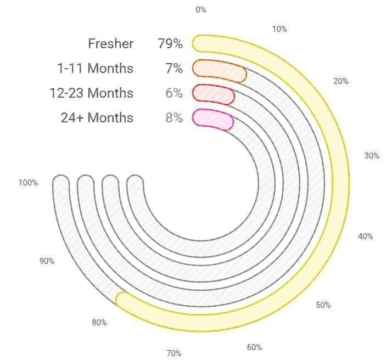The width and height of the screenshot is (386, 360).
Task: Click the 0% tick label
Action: click(x=201, y=9)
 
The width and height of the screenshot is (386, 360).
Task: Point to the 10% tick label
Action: click(x=279, y=29)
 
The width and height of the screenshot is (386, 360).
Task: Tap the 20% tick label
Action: click(x=341, y=81)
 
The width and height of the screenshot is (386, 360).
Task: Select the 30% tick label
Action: click(x=372, y=156)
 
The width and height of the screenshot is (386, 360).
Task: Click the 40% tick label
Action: click(x=365, y=237)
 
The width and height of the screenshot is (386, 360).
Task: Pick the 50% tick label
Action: click(x=323, y=305)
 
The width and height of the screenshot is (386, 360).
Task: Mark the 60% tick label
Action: click(x=254, y=347)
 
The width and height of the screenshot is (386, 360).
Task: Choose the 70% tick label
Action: click(x=174, y=353)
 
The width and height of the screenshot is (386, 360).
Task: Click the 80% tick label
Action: click(x=99, y=323)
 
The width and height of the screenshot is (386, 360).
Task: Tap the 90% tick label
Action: click(x=47, y=261)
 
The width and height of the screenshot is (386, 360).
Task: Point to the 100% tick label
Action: click(x=27, y=183)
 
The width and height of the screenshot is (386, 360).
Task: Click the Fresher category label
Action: click(x=110, y=44)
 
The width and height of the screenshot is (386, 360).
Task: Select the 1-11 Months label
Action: click(x=95, y=69)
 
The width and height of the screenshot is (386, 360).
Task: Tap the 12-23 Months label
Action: click(x=91, y=93)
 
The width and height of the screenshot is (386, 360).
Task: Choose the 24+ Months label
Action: click(x=97, y=118)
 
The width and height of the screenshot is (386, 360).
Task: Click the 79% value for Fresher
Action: click(x=170, y=44)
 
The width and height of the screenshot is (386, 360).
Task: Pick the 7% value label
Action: click(x=174, y=69)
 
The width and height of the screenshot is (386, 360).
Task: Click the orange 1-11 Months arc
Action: click(x=220, y=70)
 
